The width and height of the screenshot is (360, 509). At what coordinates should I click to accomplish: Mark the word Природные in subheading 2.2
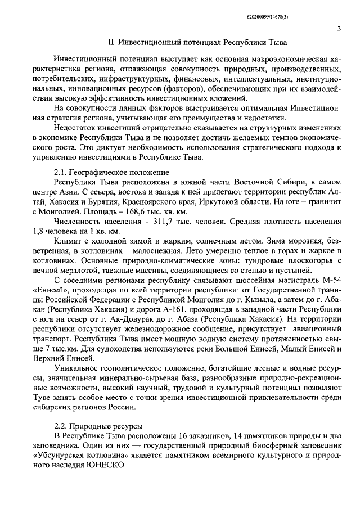click(x=88, y=425)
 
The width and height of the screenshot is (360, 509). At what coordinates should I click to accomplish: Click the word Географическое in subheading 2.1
click(x=98, y=172)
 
